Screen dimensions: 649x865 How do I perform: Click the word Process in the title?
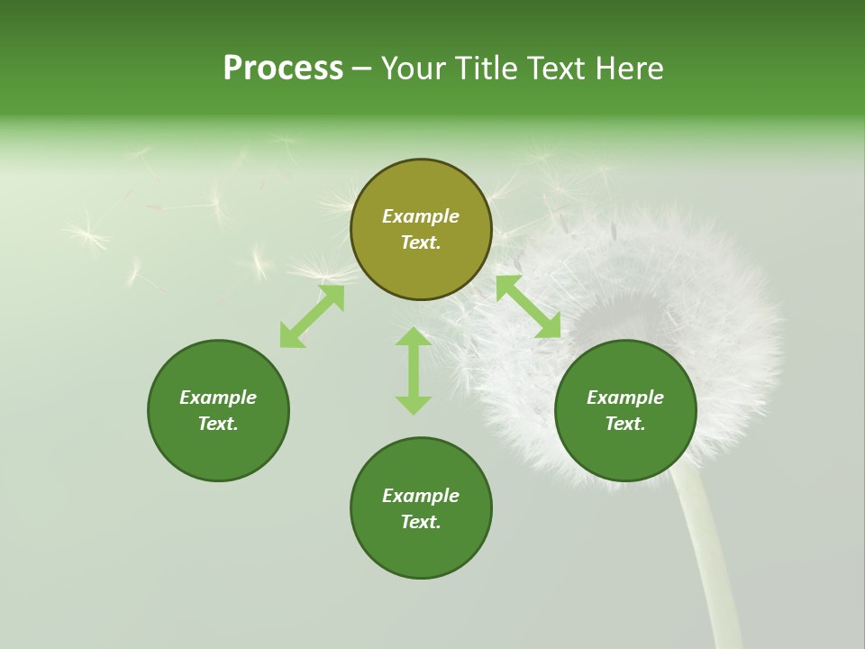pyautogui.click(x=283, y=69)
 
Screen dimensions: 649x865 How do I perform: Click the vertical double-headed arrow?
pyautogui.click(x=414, y=371)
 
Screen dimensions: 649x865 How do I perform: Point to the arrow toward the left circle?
pyautogui.click(x=312, y=316)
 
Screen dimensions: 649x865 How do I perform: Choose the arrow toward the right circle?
pyautogui.click(x=528, y=306)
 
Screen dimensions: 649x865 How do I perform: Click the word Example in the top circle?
pyautogui.click(x=421, y=216)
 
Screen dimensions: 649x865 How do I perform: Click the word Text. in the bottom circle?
pyautogui.click(x=421, y=522)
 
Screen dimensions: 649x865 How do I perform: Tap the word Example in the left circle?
pyautogui.click(x=218, y=398)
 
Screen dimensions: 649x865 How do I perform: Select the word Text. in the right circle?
pyautogui.click(x=625, y=424)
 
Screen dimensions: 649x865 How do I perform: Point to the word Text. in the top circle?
pyautogui.click(x=421, y=243)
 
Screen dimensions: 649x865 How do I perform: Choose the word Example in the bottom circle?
pyautogui.click(x=421, y=496)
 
